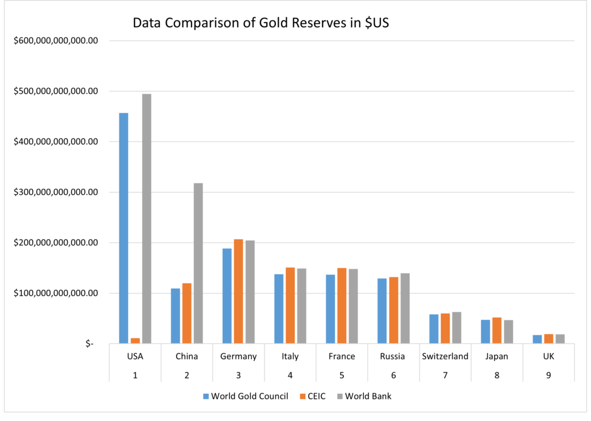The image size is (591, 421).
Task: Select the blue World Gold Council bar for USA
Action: (x=124, y=228)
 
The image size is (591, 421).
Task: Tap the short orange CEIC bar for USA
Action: (x=135, y=341)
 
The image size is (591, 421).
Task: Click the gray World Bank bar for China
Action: (x=198, y=263)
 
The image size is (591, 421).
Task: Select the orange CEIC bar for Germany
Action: (x=238, y=291)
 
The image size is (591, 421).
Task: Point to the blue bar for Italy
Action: (x=279, y=308)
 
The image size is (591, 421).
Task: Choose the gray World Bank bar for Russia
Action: (x=405, y=308)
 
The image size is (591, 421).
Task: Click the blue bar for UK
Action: (x=537, y=339)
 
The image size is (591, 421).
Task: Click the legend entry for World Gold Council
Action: (x=245, y=396)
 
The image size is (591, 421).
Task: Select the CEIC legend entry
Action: (x=315, y=396)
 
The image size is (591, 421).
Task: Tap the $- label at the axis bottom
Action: (x=89, y=344)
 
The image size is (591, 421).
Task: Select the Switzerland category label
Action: (x=445, y=356)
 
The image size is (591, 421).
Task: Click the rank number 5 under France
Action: (x=342, y=375)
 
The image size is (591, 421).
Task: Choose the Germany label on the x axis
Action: (x=238, y=356)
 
